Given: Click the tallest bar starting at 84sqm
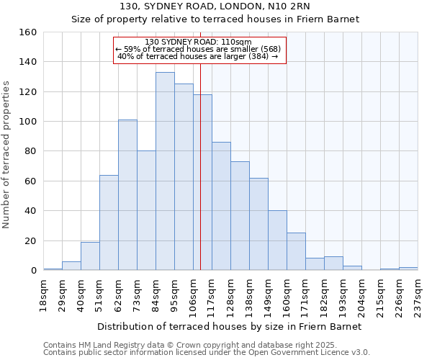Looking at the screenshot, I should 165,171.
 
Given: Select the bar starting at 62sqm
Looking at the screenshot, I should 127,195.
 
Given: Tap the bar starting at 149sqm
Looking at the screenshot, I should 277,240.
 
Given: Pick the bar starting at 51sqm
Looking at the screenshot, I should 109,222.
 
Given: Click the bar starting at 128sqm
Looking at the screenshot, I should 240,216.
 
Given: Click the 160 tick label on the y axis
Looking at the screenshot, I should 28,32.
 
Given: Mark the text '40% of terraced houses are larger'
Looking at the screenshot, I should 197,56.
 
